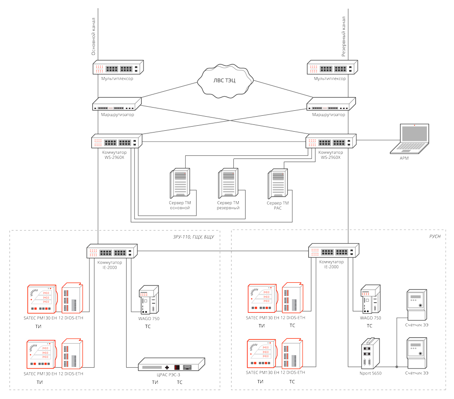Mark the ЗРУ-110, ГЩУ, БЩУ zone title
point(193,236)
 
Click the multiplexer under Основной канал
point(118,68)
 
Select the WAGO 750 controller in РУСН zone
point(369,300)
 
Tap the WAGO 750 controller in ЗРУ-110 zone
point(149,300)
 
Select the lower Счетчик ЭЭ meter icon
point(417,353)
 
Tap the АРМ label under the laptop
point(404,158)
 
